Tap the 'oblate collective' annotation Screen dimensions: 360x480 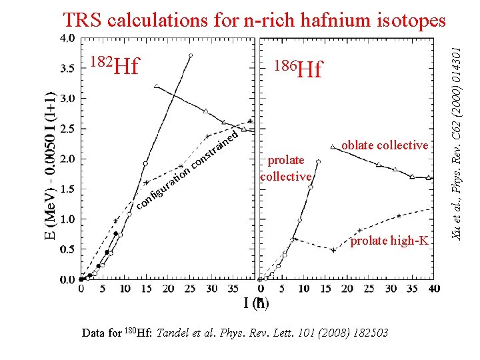[x=384, y=145]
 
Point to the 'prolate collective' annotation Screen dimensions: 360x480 [x=285, y=168]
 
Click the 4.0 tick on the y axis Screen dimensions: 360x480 [x=67, y=38]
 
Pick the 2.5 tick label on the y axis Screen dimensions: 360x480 [x=67, y=129]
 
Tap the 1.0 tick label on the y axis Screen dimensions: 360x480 [x=67, y=219]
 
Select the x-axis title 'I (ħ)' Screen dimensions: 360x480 [x=257, y=304]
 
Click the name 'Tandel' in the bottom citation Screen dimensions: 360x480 [x=175, y=333]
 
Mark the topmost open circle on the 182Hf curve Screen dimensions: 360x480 [x=191, y=56]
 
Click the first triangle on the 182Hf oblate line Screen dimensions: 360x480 [x=156, y=86]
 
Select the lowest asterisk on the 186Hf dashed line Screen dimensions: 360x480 [x=333, y=250]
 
